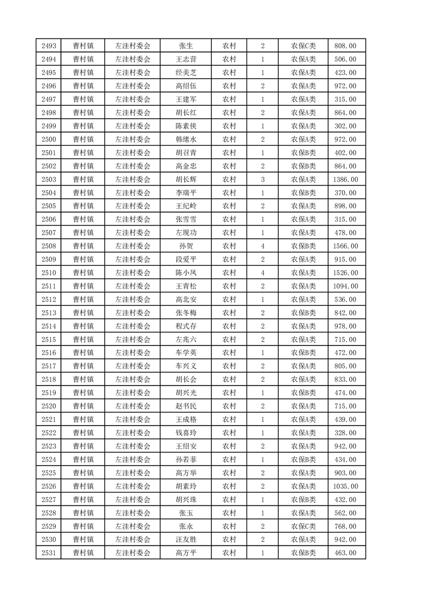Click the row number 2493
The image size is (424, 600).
coord(48,46)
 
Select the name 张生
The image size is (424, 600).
coord(186,46)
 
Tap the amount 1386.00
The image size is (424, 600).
coord(345,179)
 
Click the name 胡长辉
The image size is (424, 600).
coord(186,179)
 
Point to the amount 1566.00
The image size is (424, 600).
coord(345,246)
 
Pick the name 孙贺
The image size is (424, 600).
coord(186,246)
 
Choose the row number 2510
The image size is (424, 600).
coord(48,273)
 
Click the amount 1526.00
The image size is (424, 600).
coord(345,273)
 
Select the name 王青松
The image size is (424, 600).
coord(186,286)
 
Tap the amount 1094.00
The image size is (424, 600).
coord(345,286)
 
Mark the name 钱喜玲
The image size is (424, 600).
coord(186,433)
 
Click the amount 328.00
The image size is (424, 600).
coord(345,433)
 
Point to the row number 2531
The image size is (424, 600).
coord(48,552)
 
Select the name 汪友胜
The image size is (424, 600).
coord(186,539)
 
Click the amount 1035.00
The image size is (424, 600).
coord(345,486)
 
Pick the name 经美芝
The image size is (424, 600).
coord(186,73)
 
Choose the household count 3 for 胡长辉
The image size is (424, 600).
coord(263,179)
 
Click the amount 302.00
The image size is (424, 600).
coord(345,126)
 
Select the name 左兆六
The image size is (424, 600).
coord(186,340)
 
